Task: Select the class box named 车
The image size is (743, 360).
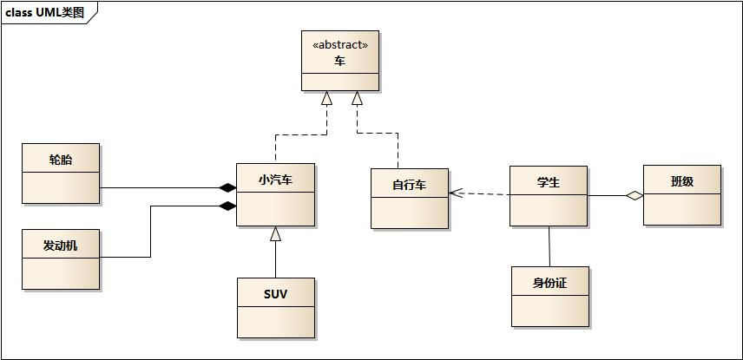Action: (x=339, y=62)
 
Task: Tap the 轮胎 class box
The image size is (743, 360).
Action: (x=61, y=173)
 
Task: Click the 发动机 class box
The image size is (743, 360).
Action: (x=61, y=259)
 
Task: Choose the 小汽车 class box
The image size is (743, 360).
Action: (x=275, y=194)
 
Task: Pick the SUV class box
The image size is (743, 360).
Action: (x=275, y=308)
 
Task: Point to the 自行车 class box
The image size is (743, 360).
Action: (x=409, y=199)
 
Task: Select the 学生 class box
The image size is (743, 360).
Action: (x=548, y=196)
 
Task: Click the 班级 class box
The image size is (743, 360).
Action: (x=681, y=195)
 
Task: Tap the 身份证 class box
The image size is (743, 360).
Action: (x=549, y=297)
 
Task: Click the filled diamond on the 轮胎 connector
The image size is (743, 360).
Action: (x=227, y=187)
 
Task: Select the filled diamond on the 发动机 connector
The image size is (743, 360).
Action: (x=227, y=206)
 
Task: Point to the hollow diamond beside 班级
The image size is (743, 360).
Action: (x=635, y=196)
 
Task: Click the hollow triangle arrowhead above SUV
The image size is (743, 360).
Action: (x=275, y=232)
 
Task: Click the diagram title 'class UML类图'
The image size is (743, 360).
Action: (x=45, y=12)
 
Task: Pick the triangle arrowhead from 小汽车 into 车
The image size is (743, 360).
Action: (x=326, y=98)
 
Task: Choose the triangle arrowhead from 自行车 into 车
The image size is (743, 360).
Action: (x=357, y=98)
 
